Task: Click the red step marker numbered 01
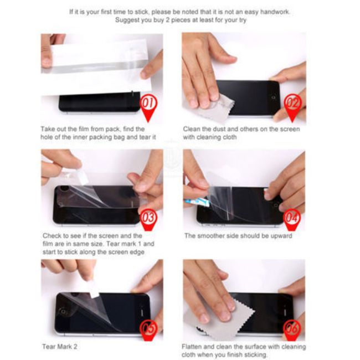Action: [148, 106]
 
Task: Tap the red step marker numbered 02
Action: [292, 106]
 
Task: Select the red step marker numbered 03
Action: [148, 219]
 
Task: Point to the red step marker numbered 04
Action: [292, 219]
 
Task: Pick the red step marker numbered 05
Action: [149, 330]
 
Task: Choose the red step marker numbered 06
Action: [292, 330]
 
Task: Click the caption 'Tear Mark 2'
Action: [60, 347]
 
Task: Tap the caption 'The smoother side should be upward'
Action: [238, 236]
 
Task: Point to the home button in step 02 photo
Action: [274, 97]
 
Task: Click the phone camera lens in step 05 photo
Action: [63, 312]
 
